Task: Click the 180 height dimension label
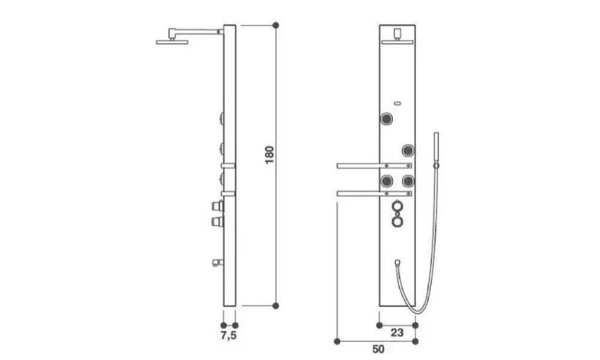[269, 155]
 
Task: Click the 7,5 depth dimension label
[228, 336]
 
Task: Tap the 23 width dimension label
[397, 332]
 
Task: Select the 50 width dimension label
[378, 349]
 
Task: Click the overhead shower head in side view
[172, 42]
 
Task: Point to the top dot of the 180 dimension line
[275, 25]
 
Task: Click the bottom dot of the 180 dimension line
[275, 305]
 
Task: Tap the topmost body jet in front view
[387, 119]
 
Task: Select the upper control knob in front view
[397, 206]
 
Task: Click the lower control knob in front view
[397, 222]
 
